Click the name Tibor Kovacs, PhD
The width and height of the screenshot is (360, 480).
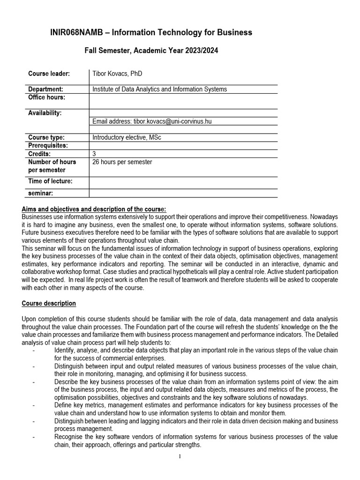tap(117, 74)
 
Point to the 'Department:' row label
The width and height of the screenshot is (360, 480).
tap(45, 89)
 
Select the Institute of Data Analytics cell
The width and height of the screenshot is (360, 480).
tap(159, 89)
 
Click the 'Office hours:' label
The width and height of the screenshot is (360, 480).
tap(47, 97)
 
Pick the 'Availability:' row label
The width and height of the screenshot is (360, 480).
tap(45, 113)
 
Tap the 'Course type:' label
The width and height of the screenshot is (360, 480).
tap(46, 137)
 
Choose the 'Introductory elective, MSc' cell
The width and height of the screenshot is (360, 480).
tap(127, 137)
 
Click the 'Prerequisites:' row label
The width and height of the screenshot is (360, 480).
tap(48, 145)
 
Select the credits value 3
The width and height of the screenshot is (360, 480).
tap(94, 154)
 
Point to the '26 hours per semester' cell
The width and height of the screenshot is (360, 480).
tap(122, 162)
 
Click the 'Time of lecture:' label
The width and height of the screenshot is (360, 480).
tap(50, 181)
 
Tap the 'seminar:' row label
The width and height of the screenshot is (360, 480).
tap(40, 193)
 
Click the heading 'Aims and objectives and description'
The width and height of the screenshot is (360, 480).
tap(94, 209)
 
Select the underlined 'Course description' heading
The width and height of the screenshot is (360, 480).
tap(49, 303)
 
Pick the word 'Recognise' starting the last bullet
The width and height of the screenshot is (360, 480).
tap(68, 437)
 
